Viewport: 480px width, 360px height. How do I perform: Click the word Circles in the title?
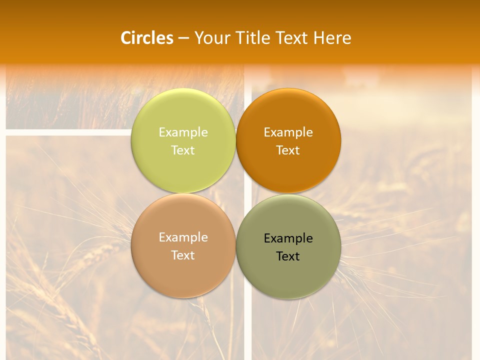[147, 38]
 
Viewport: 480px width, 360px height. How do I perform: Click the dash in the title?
[183, 38]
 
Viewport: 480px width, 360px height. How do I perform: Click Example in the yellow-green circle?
[183, 132]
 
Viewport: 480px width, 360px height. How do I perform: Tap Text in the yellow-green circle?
[183, 150]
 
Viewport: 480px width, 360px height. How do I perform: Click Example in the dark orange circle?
[288, 132]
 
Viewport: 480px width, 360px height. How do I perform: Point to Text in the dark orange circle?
[288, 150]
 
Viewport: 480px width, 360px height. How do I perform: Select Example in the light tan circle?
[183, 237]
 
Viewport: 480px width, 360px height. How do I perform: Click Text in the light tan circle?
[183, 255]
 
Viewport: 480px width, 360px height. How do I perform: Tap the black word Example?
[288, 238]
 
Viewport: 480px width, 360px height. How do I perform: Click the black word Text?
[288, 256]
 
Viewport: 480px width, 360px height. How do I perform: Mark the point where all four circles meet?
[236, 193]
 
